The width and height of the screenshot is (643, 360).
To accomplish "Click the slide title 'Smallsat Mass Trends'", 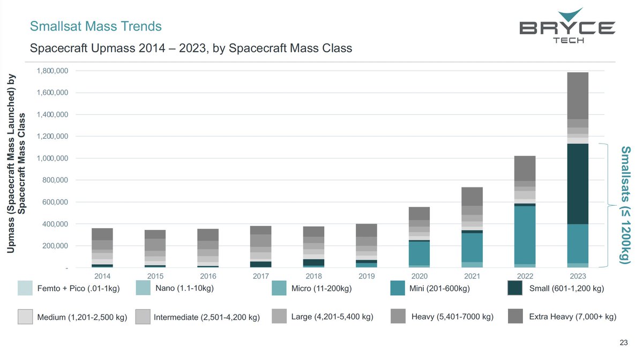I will click(x=96, y=26).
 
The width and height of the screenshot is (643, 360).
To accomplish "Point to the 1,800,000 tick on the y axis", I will click(x=52, y=71).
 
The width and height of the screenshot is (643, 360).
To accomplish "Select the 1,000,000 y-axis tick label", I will click(x=52, y=158).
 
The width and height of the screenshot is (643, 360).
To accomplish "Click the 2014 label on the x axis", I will click(x=102, y=276).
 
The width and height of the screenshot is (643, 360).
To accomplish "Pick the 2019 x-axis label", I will click(x=367, y=276).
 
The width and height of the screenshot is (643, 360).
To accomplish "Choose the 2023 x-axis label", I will click(x=578, y=276).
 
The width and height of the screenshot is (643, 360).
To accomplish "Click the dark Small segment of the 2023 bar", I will click(x=578, y=184).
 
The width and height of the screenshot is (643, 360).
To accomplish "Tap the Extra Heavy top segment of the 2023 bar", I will click(x=578, y=95).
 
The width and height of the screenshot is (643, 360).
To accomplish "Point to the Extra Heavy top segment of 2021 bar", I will click(x=472, y=196).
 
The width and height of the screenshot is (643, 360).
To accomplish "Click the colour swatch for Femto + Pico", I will click(x=25, y=288).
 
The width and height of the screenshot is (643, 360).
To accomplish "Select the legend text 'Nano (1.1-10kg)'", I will click(x=184, y=289).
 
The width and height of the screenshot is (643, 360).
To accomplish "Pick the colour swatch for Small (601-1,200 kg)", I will click(x=515, y=288).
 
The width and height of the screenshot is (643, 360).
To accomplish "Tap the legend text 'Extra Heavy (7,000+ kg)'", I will click(x=572, y=317).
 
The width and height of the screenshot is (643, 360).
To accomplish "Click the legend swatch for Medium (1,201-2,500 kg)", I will click(x=25, y=317).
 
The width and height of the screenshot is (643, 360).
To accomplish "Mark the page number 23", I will click(x=623, y=343).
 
